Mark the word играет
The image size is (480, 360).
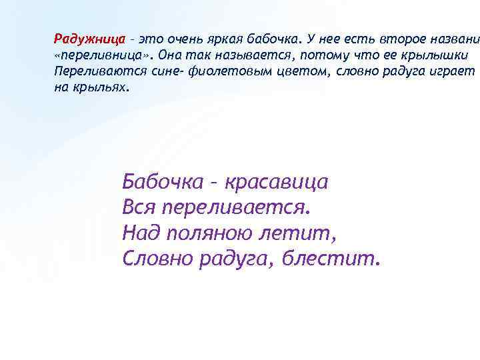point(453,70)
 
